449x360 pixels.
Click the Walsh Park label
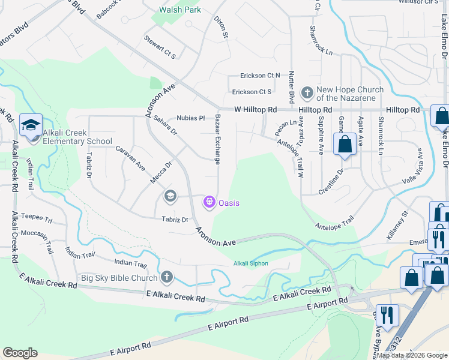pos(180,10)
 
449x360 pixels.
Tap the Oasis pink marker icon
pos(209,203)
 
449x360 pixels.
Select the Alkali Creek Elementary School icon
pos(31,124)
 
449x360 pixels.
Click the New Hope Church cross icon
pos(307,93)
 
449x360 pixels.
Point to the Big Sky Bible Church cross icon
pos(167,277)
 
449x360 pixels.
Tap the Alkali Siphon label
pos(250,263)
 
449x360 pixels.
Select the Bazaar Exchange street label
pos(217,139)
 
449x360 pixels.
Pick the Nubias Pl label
pos(191,118)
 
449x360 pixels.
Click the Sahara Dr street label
pos(165,125)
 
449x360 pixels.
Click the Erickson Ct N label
pos(260,75)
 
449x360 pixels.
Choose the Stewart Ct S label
pos(160,47)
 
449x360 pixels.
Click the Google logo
pos(20,353)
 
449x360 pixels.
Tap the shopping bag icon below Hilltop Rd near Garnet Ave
pos(345,145)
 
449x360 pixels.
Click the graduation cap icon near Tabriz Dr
pos(170,196)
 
